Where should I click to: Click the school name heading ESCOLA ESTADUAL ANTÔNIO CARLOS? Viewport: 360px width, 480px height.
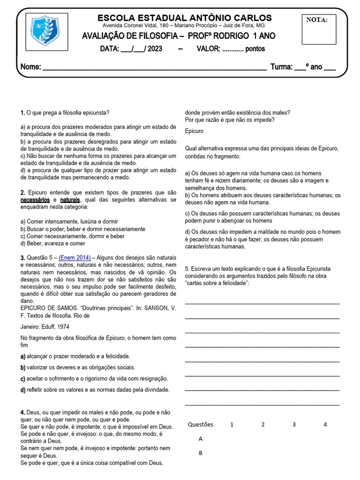coord(184,18)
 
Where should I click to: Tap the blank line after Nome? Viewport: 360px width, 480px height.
coord(155,67)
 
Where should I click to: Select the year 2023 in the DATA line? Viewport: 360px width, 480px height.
coord(155,49)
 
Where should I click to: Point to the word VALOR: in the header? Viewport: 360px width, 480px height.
coord(208,49)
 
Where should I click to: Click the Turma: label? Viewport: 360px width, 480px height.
coord(281,67)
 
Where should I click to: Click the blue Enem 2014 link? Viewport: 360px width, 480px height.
coord(75,258)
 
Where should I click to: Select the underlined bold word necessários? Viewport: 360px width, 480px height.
coord(35,200)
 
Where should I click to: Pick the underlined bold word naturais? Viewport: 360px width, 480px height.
coord(70,200)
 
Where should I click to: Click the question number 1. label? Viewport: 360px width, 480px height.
coord(22,113)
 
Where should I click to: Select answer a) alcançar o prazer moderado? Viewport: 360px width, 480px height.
coord(75,356)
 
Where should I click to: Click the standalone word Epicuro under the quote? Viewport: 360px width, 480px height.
coord(195,131)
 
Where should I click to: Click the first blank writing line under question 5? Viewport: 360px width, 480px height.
coord(262,303)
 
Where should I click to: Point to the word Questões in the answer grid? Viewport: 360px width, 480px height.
coord(201,425)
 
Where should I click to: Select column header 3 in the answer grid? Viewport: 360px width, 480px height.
coord(294,425)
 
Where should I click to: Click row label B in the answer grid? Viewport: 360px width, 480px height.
coord(201,453)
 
